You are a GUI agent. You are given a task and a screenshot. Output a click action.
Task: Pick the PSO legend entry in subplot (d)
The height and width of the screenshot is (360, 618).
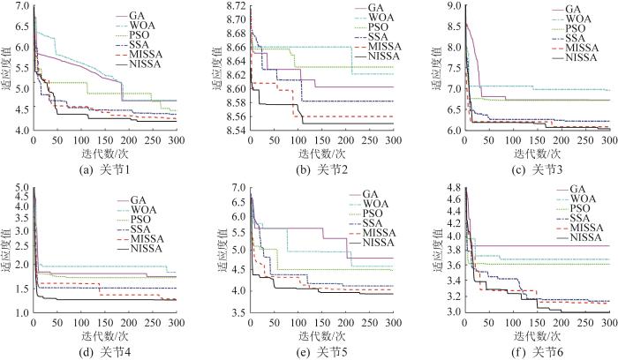[x=150, y=218]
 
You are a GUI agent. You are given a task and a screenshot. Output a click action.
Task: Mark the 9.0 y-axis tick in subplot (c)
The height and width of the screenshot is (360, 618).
[x=451, y=7]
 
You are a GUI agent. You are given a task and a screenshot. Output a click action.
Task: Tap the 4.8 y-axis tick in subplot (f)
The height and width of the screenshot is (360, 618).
[x=451, y=188]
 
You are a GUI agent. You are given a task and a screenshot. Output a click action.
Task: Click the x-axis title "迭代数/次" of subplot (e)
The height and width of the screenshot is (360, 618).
[x=321, y=336]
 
